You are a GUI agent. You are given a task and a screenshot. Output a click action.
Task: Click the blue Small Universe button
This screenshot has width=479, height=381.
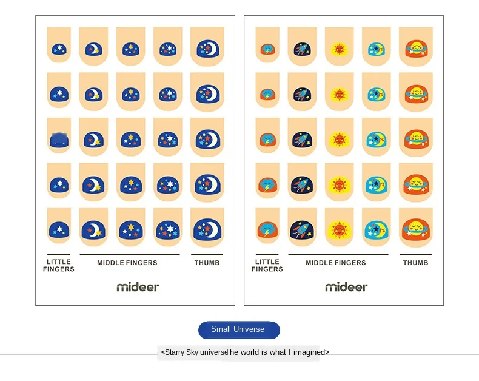pos(239,329)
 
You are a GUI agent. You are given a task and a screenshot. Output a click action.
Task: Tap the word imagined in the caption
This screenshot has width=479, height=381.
pos(309,352)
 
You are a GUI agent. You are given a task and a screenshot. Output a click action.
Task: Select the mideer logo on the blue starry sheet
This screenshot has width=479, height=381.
pos(138,287)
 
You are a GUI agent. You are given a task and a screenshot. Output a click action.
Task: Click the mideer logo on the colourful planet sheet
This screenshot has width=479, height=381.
pos(346,287)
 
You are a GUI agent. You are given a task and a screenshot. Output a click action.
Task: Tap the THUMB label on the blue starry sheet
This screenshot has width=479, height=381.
pos(207,263)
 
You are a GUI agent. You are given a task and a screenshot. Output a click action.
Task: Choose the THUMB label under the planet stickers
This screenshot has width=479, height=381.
pos(415,263)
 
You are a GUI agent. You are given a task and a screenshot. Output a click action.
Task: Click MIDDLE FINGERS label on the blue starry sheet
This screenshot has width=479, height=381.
pos(127,263)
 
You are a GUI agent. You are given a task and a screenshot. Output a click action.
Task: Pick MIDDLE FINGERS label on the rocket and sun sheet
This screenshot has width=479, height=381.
pos(336,263)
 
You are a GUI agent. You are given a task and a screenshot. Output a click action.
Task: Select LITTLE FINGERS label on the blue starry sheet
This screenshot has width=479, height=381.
pos(59,265)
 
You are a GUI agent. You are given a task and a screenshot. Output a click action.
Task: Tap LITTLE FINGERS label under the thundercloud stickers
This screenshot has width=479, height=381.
pos(267,265)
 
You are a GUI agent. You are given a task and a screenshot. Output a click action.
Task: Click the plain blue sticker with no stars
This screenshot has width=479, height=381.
pos(59,140)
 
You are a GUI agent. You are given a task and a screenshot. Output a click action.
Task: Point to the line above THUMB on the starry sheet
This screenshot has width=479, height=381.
pos(207,254)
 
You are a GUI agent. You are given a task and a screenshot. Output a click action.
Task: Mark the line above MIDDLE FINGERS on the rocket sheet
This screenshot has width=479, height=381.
pos(338,254)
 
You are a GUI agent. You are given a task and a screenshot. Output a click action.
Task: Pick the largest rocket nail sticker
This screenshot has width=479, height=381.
pos(302,231)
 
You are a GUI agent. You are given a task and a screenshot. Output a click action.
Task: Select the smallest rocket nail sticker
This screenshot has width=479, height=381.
pos(303,49)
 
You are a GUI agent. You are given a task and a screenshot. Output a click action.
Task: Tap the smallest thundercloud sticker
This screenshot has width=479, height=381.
pos(267,49)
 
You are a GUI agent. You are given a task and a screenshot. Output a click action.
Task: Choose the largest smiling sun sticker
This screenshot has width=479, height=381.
pos(340,230)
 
